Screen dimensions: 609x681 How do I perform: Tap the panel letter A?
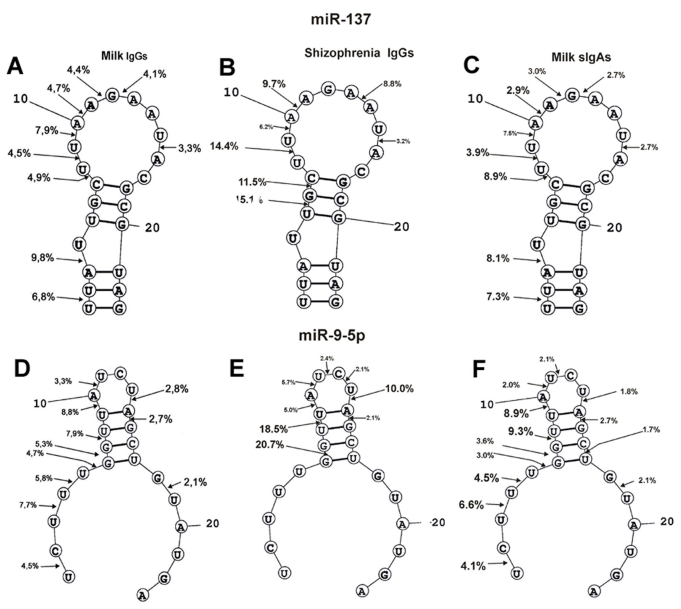pyautogui.click(x=15, y=66)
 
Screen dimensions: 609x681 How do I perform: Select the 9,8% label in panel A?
pyautogui.click(x=43, y=258)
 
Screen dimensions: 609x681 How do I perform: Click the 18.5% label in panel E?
pyautogui.click(x=274, y=429)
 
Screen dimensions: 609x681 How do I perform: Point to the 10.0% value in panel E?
pyautogui.click(x=399, y=389)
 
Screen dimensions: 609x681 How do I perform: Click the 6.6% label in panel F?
pyautogui.click(x=471, y=505)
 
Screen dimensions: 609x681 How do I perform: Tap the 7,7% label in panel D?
pyautogui.click(x=28, y=505)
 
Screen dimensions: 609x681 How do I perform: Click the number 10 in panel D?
pyautogui.click(x=40, y=404)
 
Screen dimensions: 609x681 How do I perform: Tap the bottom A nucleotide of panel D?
pyautogui.click(x=143, y=595)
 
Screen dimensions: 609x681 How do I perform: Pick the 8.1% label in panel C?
pyautogui.click(x=498, y=258)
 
